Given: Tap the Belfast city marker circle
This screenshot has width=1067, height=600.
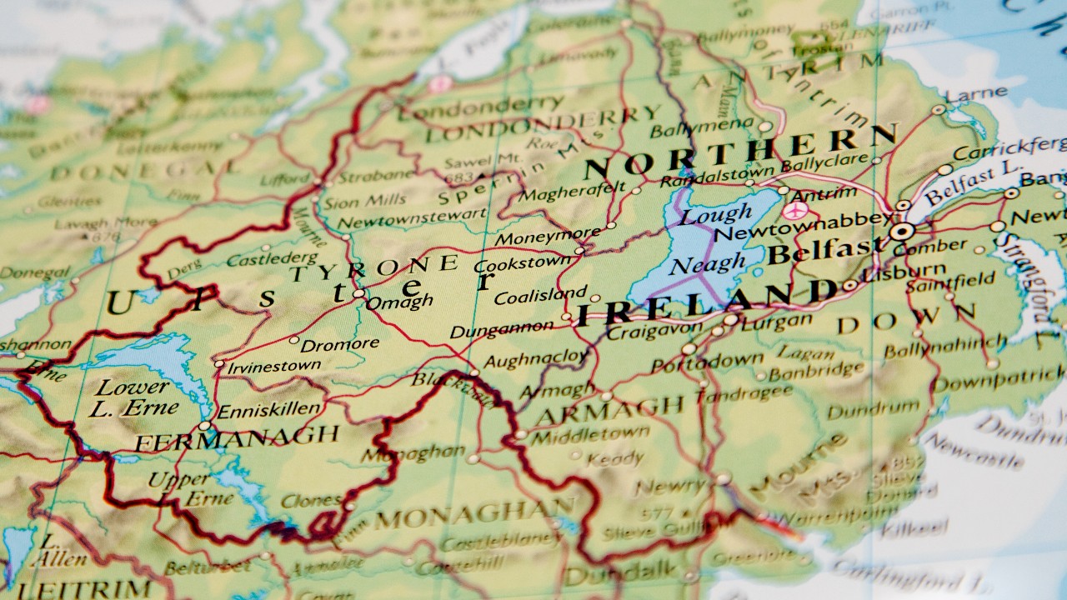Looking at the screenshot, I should tap(901, 232).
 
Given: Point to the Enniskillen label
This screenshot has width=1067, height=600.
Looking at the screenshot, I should tap(268, 409).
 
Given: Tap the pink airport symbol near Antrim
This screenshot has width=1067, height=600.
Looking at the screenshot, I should tap(793, 211).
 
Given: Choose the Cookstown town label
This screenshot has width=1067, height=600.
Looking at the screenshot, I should tap(522, 265).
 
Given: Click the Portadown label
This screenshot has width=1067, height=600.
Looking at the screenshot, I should tap(707, 362).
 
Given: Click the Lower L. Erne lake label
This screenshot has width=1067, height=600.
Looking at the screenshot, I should tap(137, 397).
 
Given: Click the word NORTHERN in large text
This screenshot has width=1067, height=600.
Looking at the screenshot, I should tap(740, 151).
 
